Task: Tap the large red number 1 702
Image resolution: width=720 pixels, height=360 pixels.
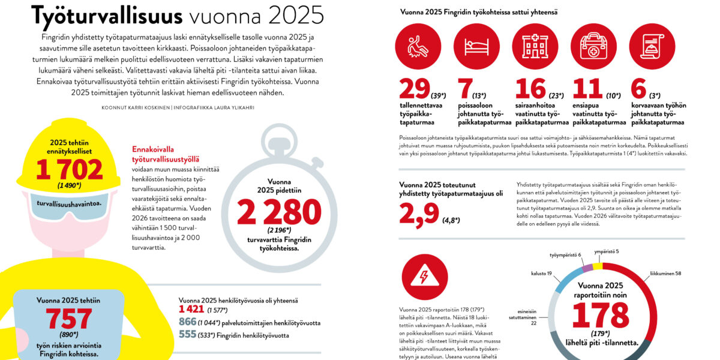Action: tap(69, 170)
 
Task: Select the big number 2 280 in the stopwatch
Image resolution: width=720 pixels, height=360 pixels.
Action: tap(279, 213)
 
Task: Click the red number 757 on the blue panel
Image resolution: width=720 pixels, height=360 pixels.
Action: tap(69, 319)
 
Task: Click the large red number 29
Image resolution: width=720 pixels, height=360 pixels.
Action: tap(415, 89)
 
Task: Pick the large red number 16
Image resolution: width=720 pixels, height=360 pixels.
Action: tap(530, 89)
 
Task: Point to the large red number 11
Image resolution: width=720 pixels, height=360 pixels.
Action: tap(587, 89)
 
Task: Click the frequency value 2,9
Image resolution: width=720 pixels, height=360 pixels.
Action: tap(419, 214)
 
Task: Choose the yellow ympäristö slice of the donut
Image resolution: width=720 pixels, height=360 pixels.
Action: tap(598, 267)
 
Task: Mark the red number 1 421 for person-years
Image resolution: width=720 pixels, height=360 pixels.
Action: tap(191, 310)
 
